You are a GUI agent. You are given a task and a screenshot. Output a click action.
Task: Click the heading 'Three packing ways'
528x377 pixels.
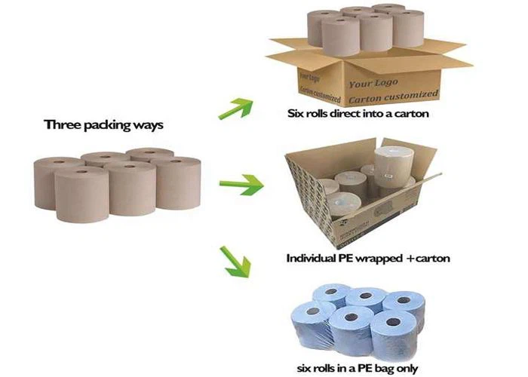click(x=103, y=124)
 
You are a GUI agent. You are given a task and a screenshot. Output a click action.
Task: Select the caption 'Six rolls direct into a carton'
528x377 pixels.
click(x=358, y=115)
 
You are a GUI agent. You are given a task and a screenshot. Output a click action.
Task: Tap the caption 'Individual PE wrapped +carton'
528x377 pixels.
click(x=367, y=258)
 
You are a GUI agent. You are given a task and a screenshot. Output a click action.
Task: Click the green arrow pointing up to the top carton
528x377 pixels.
click(x=233, y=108)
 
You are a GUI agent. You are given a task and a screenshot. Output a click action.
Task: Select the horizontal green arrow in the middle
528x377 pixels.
click(x=240, y=183)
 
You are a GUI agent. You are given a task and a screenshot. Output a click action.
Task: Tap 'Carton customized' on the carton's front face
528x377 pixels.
click(x=392, y=96)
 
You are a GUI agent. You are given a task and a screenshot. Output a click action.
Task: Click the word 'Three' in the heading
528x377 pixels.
click(x=63, y=124)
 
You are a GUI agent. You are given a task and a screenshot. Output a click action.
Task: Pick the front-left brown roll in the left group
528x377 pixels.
click(x=81, y=192)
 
